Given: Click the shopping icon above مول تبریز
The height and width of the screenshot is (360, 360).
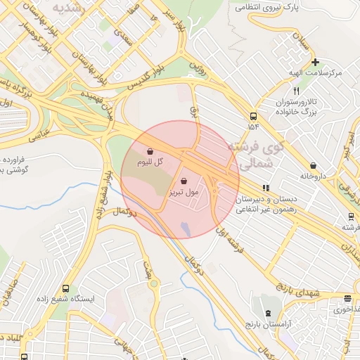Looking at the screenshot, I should click(x=184, y=181).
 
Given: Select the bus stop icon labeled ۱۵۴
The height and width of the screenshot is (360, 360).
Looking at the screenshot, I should click(x=252, y=116).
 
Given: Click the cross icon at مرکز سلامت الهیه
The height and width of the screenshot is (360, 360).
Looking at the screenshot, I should click(x=316, y=62).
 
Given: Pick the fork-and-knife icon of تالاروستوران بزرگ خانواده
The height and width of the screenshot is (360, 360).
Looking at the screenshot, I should click(x=296, y=91).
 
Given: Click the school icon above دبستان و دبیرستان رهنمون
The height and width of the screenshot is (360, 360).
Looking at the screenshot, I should click(x=265, y=188).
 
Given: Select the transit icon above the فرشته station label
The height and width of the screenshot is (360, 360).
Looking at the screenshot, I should click(x=350, y=217).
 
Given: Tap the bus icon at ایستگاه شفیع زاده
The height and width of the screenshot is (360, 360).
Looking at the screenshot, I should click(x=65, y=288).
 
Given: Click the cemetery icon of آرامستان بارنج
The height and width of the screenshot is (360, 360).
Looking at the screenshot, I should click(x=267, y=311).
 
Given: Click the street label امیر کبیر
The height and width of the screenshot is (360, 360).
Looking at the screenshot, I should click(x=347, y=143).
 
